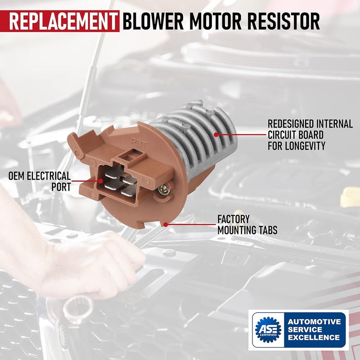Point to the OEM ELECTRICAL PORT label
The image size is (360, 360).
coord(39,181)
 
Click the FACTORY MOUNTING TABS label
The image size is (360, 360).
coord(247,225)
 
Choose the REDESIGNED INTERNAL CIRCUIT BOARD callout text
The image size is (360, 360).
coord(310,135)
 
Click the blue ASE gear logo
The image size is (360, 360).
coord(268,330)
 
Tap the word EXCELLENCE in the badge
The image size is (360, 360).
coord(314,337)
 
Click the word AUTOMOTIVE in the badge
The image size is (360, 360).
coord(314,321)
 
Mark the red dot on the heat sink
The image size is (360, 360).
coord(216,134)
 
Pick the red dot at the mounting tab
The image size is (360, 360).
coord(166,223)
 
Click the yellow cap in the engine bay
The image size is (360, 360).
coord(350,198)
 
